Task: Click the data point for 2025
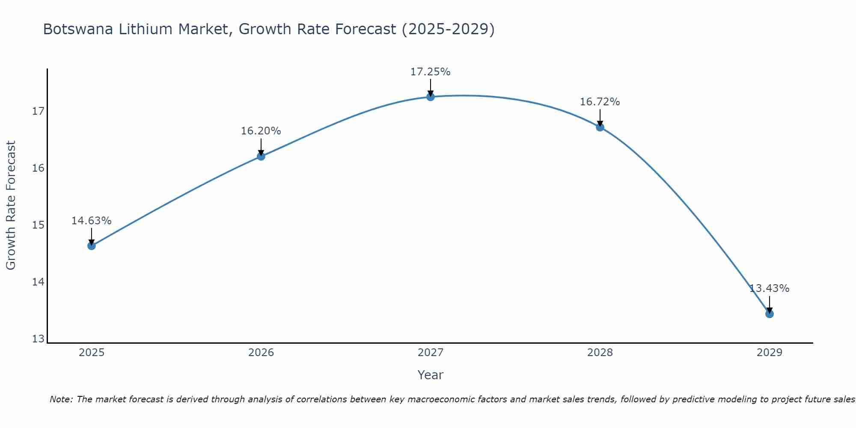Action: coord(92,246)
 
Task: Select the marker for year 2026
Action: coord(261,156)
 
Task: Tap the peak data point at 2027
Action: coord(431,97)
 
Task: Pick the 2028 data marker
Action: coord(600,127)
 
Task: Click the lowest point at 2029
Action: coord(770,314)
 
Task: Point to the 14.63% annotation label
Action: coord(91,221)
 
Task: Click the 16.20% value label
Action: coord(261,131)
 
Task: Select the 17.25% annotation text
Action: coord(430,72)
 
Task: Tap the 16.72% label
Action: coord(600,102)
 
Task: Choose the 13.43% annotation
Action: coord(769,288)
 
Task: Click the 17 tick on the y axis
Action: coord(39,111)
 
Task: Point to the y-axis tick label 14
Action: coord(39,282)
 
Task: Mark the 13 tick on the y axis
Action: coord(39,339)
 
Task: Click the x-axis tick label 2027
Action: coord(431,353)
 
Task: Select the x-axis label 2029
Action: coord(770,353)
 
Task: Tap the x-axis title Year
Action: coord(430,375)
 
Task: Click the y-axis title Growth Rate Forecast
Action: coord(11,205)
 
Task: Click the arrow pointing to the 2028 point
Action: coord(600,117)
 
